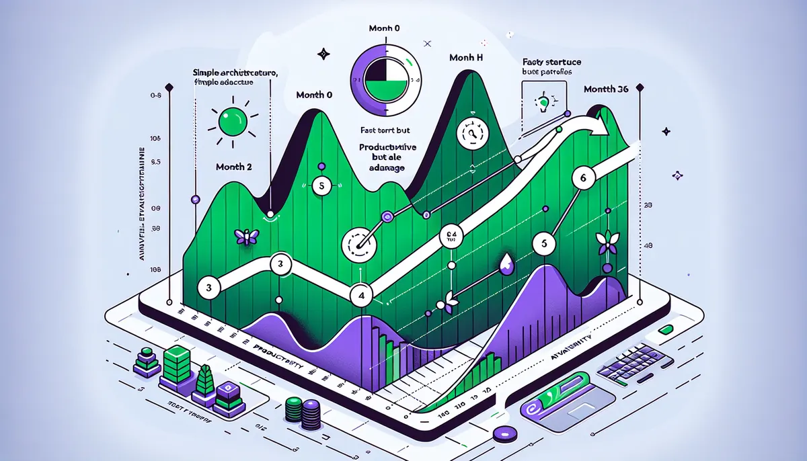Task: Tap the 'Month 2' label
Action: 234,167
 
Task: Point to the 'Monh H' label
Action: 466,58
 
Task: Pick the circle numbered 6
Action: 583,178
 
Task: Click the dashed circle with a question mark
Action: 471,133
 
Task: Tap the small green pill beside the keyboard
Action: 666,329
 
